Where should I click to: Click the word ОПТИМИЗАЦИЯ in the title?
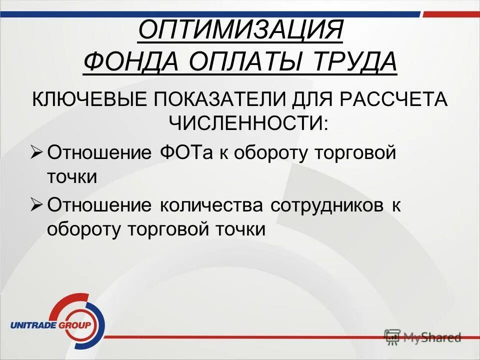click(x=240, y=31)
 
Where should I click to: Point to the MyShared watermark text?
click(x=433, y=337)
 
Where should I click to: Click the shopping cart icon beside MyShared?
click(x=392, y=337)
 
